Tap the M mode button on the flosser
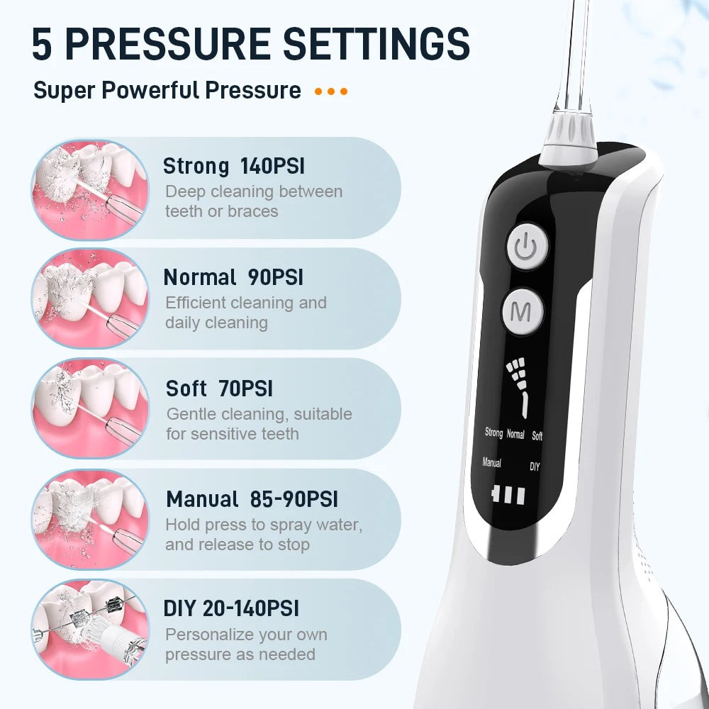[x=523, y=313]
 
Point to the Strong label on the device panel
[x=493, y=432]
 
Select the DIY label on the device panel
[x=535, y=467]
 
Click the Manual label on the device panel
[x=491, y=463]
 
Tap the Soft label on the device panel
[x=537, y=435]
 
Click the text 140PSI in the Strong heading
[x=272, y=167]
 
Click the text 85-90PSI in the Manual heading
[x=294, y=500]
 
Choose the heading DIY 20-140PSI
[x=231, y=608]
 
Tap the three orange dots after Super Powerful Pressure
[x=331, y=91]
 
